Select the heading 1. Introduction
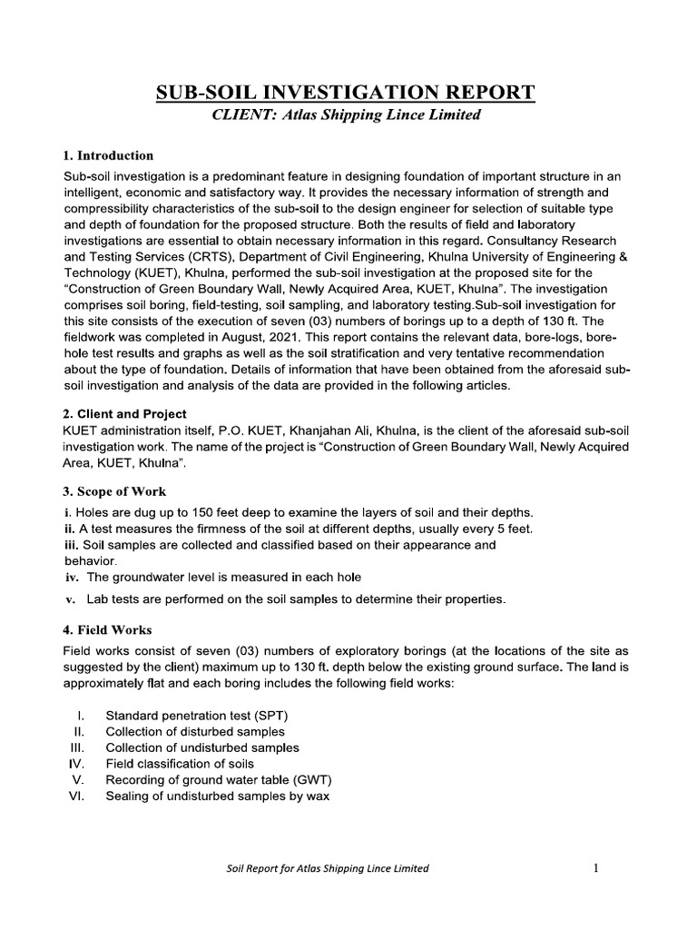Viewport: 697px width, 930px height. click(109, 155)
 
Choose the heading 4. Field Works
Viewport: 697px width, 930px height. click(108, 629)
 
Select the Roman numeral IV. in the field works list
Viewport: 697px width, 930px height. click(76, 764)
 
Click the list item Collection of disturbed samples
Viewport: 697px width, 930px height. click(195, 731)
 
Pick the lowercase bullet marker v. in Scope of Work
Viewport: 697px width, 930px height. click(69, 599)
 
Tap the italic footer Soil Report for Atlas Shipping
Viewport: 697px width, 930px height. click(327, 869)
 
